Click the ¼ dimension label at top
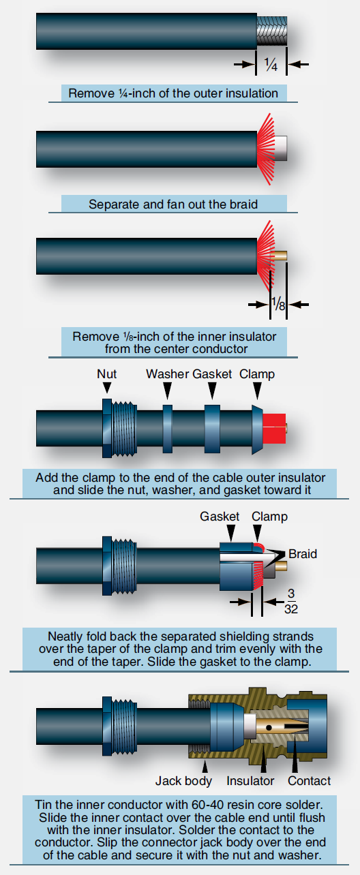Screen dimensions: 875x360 click(271, 64)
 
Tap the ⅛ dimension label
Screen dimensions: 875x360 click(278, 303)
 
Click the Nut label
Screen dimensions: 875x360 click(106, 374)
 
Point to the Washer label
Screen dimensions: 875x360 click(167, 374)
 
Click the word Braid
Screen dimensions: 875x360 click(303, 554)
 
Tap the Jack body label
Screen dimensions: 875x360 click(183, 781)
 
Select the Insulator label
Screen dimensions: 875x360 click(251, 781)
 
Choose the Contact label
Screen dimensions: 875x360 click(309, 781)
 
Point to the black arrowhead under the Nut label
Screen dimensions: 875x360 click(106, 388)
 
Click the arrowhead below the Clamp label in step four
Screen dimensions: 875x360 click(257, 390)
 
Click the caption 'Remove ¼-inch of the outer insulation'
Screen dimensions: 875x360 click(172, 93)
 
